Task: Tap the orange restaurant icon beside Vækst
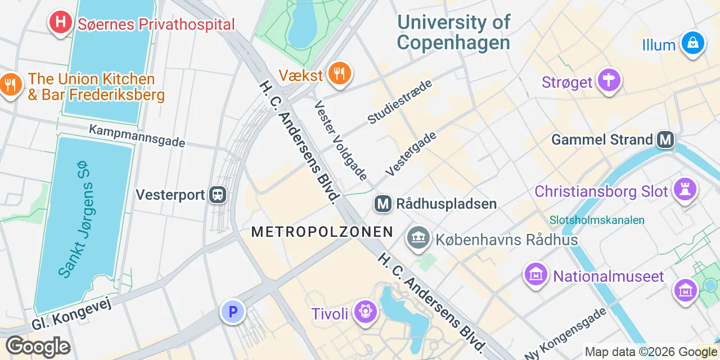pos(339,74)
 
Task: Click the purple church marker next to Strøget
pos(609,81)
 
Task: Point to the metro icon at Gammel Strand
pos(665,139)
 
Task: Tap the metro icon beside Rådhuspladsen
pos(383,203)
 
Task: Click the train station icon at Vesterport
pos(217,195)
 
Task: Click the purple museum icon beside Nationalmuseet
pos(535,275)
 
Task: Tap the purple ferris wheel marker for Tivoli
pos(365,312)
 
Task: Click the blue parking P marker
pos(233,311)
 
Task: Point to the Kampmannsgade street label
pos(137,136)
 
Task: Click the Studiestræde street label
pos(400,101)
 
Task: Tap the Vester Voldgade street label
pos(341,141)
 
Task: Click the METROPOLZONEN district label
pos(322,231)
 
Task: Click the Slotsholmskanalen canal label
pos(597,220)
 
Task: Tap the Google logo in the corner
pos(38,347)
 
